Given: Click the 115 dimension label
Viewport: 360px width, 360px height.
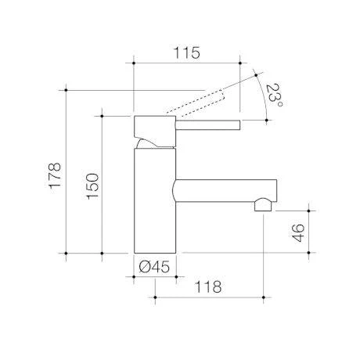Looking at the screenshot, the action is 187,53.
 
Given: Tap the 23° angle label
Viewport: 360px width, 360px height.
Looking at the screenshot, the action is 275,96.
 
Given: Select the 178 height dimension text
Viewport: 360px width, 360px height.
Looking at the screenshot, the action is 55,175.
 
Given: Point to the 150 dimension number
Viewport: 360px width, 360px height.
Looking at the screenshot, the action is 93,186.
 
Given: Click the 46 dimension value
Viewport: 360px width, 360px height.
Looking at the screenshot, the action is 298,233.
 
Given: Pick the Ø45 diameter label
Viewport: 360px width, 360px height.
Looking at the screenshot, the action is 154,267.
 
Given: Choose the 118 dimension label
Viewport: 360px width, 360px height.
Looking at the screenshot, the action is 208,286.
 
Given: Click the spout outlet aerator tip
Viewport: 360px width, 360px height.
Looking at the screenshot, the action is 263,205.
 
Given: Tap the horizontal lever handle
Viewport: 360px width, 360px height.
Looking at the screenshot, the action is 208,125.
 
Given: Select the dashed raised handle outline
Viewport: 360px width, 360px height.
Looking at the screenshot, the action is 195,103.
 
